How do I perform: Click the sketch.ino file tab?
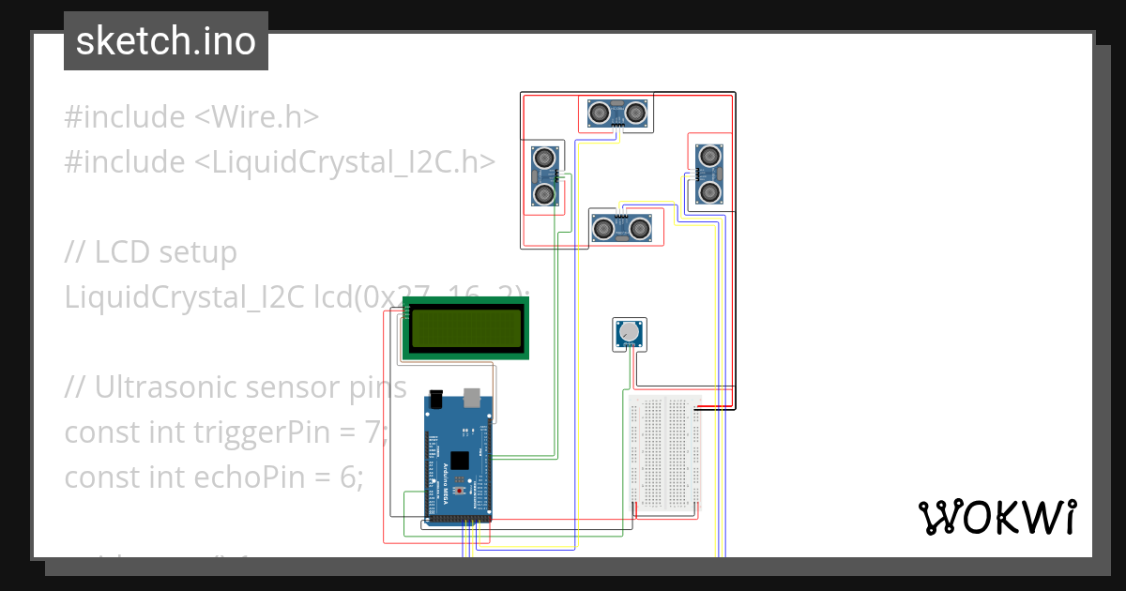coord(165,41)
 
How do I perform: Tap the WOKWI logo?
coord(997,517)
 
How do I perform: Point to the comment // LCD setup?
coord(150,252)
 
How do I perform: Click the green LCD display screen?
coord(465,327)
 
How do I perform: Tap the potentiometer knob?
coord(628,332)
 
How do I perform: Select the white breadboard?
coord(664,452)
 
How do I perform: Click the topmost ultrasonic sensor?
coord(618,114)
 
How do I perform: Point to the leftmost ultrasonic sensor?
coord(543,175)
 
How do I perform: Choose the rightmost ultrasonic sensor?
coord(709,174)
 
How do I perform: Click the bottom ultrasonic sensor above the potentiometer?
coord(620,227)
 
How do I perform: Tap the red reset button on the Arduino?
coord(460,490)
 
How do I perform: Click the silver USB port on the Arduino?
coord(473,399)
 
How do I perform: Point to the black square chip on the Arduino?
coord(460,461)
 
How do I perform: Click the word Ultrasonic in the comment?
coord(166,387)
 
